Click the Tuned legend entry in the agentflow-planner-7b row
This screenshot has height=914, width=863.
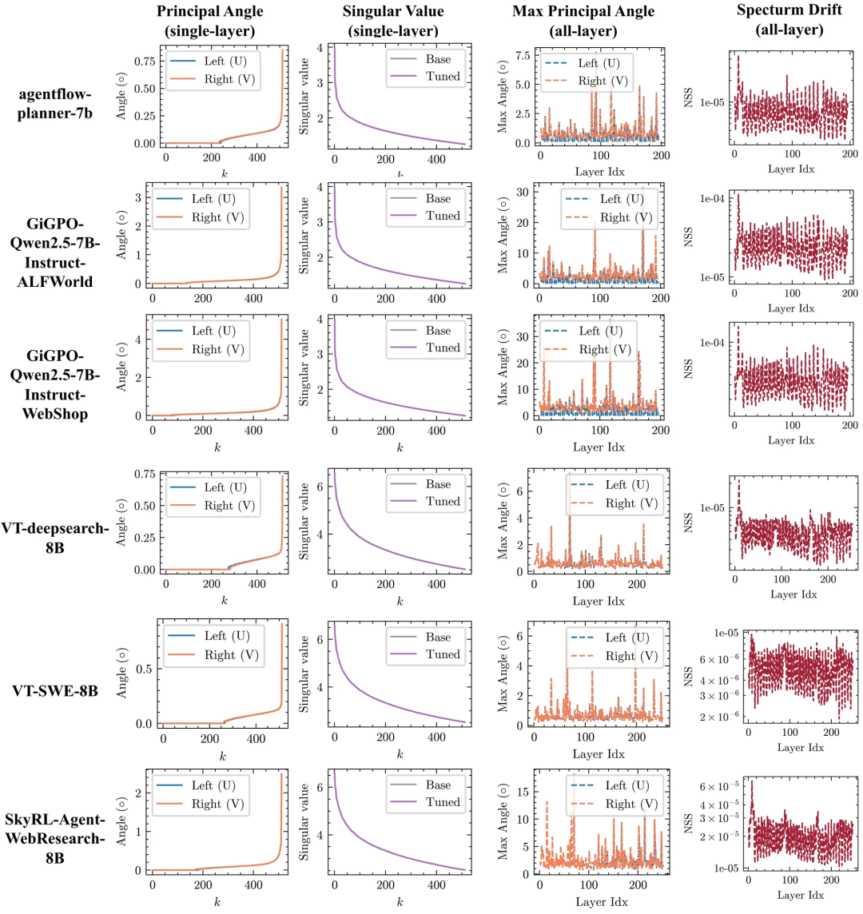coord(443,77)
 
